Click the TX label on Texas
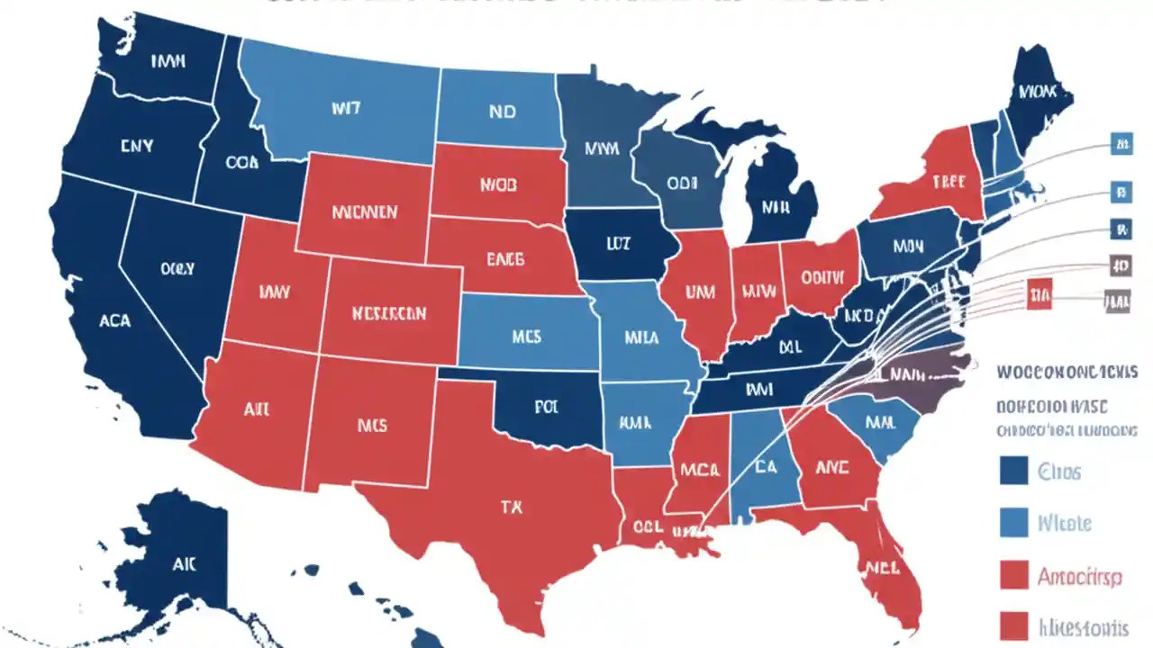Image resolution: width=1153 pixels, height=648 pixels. [x=511, y=507]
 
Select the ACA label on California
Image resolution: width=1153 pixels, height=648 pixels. [x=114, y=320]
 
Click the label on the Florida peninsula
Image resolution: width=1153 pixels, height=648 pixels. [x=885, y=567]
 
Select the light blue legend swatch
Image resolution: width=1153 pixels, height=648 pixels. [x=1014, y=522]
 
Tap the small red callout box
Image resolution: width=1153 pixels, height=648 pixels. [x=1039, y=294]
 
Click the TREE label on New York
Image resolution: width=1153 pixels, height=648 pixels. [x=949, y=182]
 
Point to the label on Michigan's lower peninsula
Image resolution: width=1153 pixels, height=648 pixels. [x=776, y=206]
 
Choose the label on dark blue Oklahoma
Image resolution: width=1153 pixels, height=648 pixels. [x=546, y=407]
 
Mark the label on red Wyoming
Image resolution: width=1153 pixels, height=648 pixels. [x=364, y=212]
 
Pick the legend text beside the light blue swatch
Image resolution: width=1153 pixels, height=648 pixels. [x=1065, y=523]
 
